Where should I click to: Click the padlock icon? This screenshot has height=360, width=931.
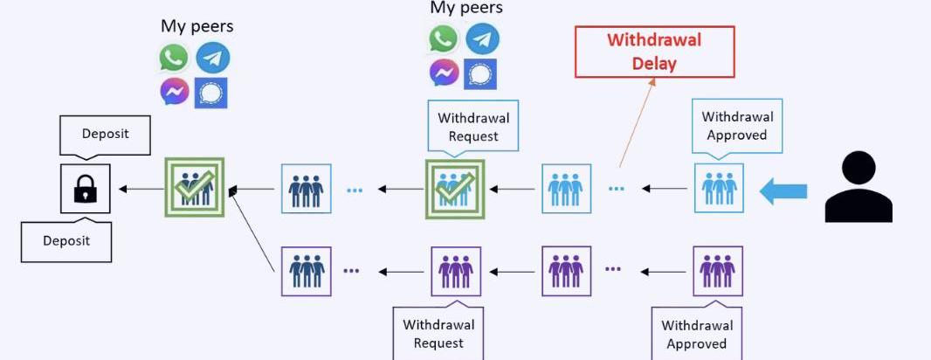(85, 189)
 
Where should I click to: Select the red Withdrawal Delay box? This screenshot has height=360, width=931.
(654, 52)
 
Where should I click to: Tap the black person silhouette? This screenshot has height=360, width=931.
(859, 187)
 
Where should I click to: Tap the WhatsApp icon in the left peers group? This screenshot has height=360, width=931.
(174, 58)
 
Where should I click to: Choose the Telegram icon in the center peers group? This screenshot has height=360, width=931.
(482, 38)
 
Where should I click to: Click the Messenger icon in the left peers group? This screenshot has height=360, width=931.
(174, 92)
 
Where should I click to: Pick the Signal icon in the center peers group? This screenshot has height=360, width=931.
(481, 73)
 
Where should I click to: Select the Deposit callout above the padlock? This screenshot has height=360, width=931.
(106, 135)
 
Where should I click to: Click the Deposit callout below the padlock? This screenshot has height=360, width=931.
(66, 240)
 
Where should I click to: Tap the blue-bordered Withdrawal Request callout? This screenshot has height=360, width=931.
(473, 127)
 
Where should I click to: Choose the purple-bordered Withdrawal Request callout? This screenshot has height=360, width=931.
(438, 333)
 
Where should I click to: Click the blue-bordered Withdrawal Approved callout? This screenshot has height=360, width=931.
(737, 126)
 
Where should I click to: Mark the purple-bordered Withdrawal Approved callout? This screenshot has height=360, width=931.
(696, 334)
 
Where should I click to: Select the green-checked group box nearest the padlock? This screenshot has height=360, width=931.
(195, 187)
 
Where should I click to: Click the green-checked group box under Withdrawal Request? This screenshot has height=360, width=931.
(453, 188)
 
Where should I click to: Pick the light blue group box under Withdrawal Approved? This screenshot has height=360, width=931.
(719, 188)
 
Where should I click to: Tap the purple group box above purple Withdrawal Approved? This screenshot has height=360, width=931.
(718, 271)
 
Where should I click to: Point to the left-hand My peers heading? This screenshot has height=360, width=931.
(197, 26)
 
